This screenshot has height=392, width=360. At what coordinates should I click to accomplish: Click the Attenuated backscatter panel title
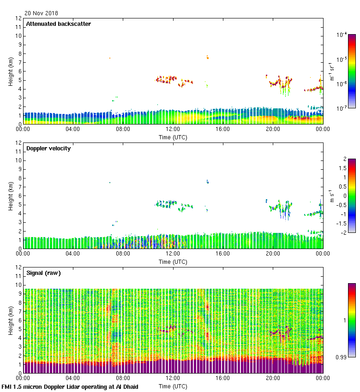[58, 24]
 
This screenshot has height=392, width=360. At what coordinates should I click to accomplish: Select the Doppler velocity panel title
[48, 148]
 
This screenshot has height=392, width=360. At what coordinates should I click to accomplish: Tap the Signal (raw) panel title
[43, 273]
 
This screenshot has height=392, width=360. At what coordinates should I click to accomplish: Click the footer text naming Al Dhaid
[70, 386]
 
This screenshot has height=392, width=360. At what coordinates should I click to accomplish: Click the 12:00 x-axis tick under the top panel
[173, 129]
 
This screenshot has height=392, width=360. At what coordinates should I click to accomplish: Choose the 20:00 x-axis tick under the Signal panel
[272, 378]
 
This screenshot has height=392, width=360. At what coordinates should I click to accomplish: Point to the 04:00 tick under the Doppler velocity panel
[73, 254]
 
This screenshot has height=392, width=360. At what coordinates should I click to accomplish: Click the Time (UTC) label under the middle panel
[173, 261]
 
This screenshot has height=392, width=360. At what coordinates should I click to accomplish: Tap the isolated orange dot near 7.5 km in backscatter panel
[110, 58]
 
